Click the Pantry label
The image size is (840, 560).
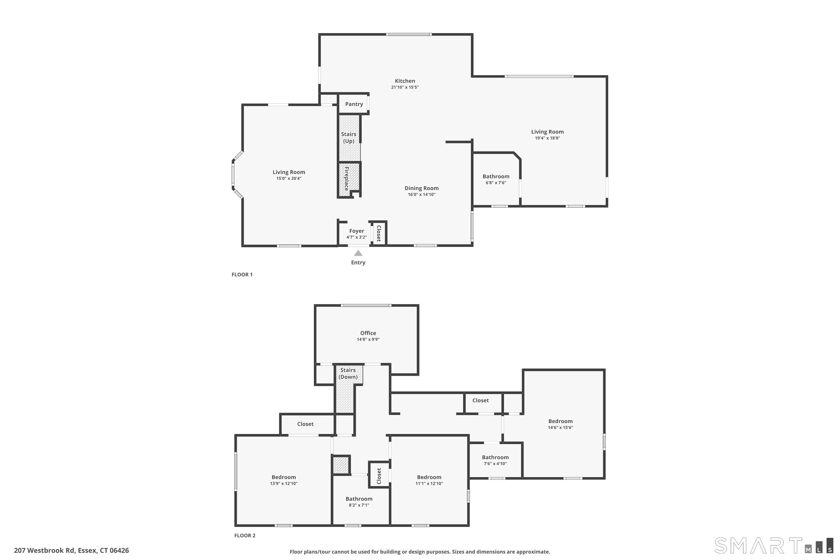pos(354,104)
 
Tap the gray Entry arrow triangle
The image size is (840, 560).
pos(358,253)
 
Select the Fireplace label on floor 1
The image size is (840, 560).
pos(346,179)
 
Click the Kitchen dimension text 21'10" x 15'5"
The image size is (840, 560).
pos(405,87)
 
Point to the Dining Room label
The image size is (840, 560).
pos(421,188)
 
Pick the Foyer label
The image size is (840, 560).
pos(356,231)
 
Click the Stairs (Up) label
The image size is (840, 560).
pos(349,137)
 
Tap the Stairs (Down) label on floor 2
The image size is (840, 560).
pos(348,373)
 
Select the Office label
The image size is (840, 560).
pos(368,333)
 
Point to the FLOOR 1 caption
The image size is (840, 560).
pos(242,274)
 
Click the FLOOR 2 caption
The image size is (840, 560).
pos(245,535)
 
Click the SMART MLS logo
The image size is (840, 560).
pos(774,545)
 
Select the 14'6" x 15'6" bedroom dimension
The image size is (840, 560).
pos(560,428)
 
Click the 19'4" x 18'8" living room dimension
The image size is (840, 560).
pos(547,138)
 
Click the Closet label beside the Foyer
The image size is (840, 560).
pos(379,234)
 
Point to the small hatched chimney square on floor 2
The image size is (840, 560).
pos(341,465)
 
